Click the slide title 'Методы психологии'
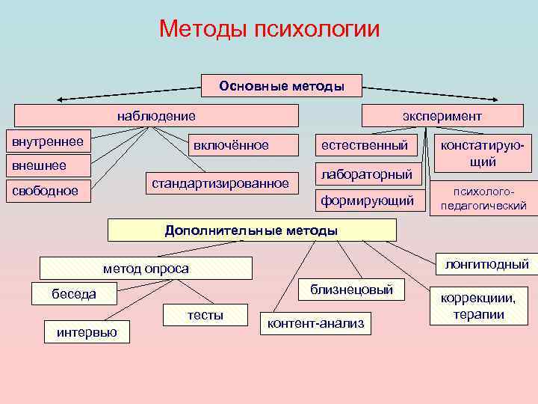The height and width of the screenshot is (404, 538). [x=269, y=28]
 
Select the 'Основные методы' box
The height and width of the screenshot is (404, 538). [x=282, y=86]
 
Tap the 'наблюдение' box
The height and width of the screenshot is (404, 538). [x=156, y=116]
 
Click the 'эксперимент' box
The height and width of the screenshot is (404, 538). [x=442, y=116]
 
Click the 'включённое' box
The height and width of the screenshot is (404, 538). [x=231, y=144]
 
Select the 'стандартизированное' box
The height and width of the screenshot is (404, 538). [x=220, y=183]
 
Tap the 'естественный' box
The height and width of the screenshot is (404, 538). [x=365, y=144]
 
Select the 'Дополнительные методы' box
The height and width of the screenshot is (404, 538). [x=251, y=230]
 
